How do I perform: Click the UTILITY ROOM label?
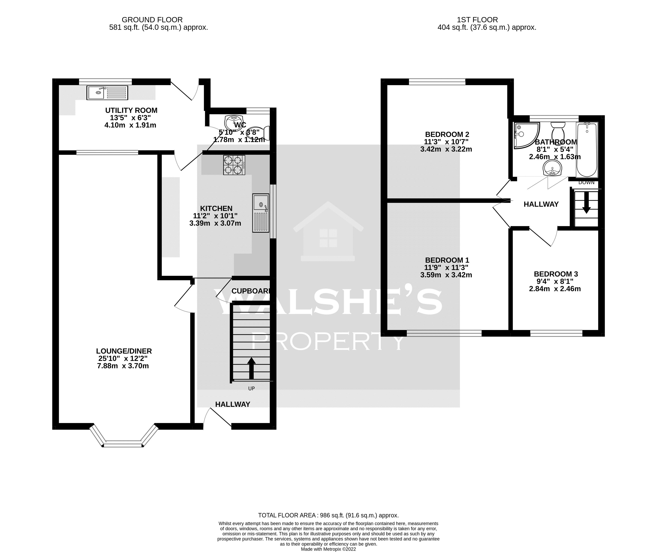[131, 111]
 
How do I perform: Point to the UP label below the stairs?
[251, 388]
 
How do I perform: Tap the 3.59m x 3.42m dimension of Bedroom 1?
[446, 275]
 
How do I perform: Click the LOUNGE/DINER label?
[124, 351]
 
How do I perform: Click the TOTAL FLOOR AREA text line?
[328, 515]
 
